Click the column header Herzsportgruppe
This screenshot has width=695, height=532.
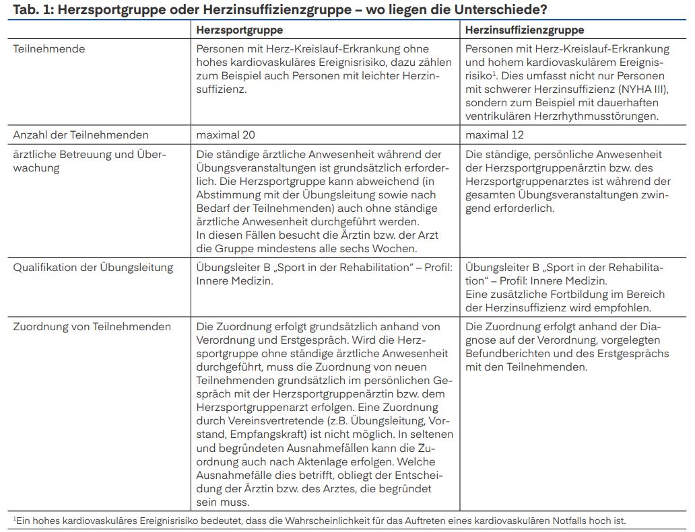click(239, 30)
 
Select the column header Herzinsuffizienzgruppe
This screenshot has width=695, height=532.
click(525, 30)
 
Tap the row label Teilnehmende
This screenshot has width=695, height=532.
click(49, 49)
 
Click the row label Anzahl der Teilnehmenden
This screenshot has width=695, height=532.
click(81, 135)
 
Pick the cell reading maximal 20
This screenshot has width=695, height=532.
click(226, 135)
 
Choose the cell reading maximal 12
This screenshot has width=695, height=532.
click(494, 135)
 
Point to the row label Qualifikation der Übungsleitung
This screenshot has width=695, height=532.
click(93, 268)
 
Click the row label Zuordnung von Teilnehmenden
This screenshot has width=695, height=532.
click(92, 327)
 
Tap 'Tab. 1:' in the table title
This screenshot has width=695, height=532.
click(29, 10)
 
